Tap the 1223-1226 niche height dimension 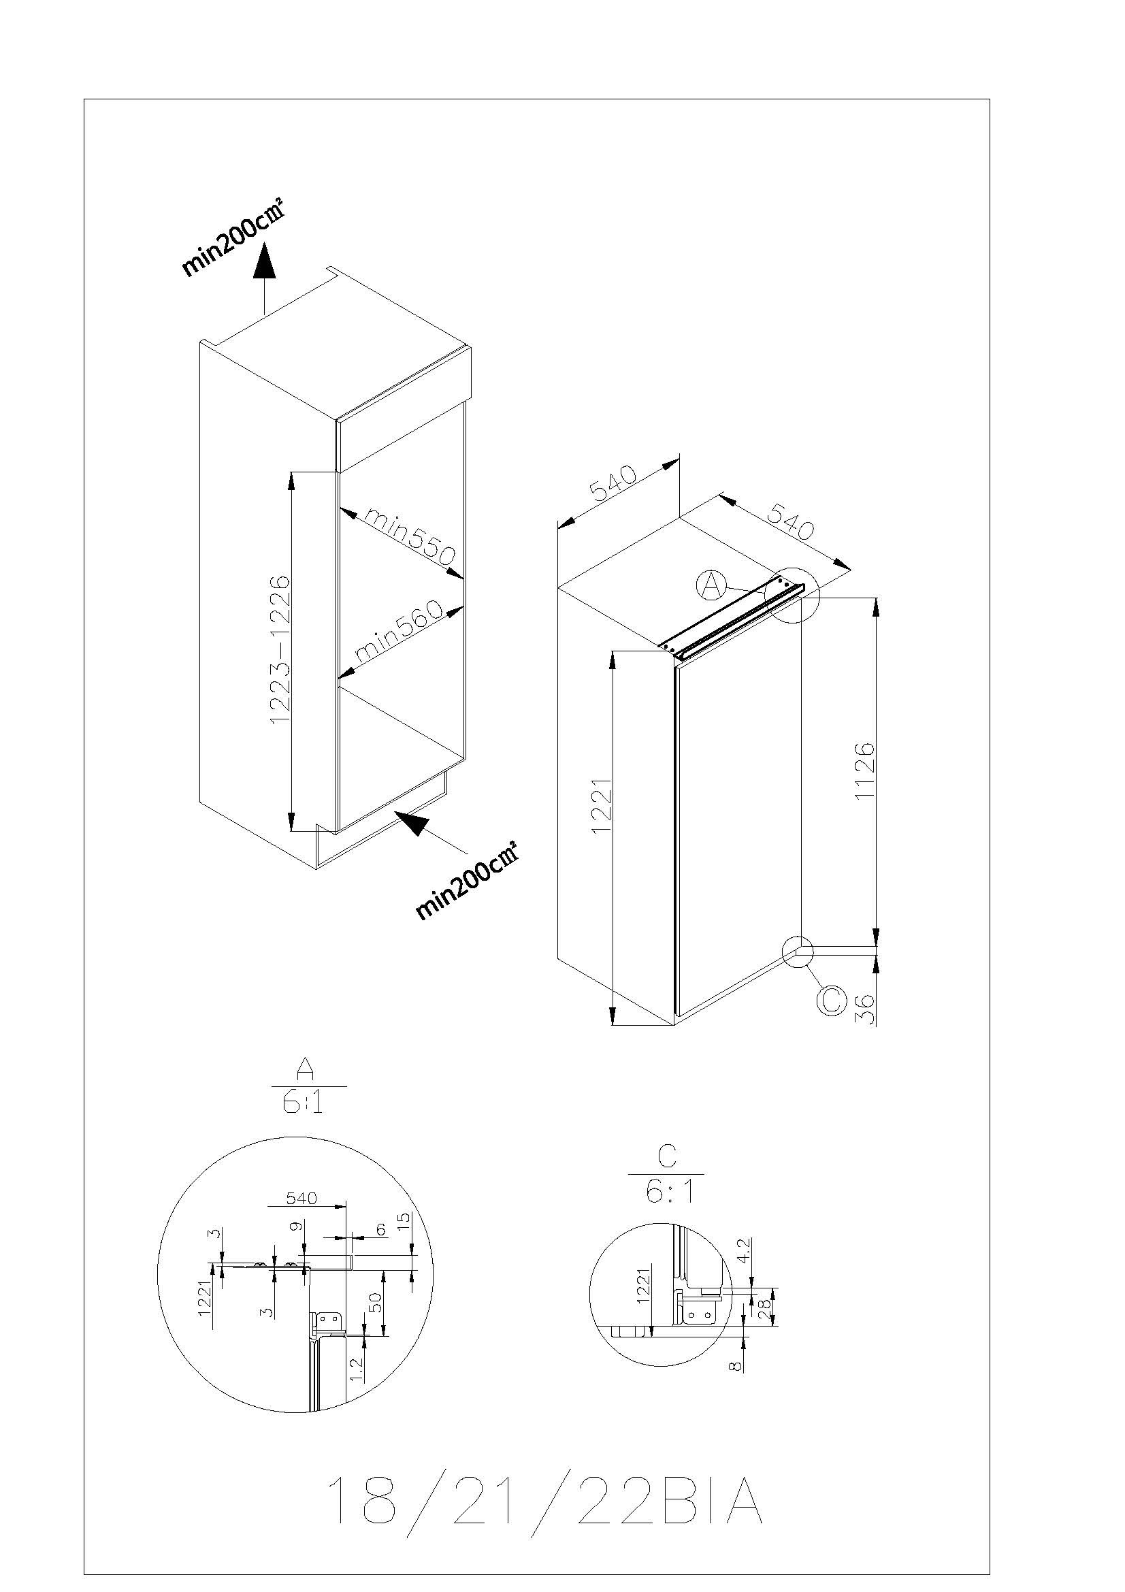click(x=279, y=651)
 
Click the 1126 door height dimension click(x=864, y=770)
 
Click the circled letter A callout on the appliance click(x=711, y=585)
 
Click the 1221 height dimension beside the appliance click(x=602, y=805)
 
